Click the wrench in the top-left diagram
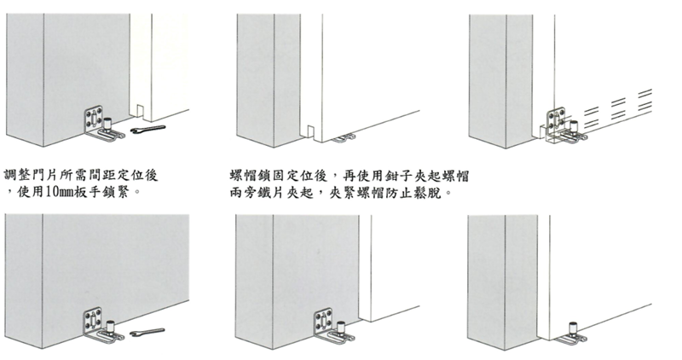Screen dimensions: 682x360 (147, 130)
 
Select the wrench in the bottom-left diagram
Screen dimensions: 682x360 (147, 332)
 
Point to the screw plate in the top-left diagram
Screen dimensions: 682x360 (94, 118)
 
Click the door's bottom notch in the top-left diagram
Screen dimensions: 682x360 (140, 111)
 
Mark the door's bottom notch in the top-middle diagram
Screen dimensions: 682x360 (310, 131)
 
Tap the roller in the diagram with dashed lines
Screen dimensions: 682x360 (574, 126)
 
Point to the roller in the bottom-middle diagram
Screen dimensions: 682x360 (341, 327)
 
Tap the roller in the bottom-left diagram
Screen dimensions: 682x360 (110, 327)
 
